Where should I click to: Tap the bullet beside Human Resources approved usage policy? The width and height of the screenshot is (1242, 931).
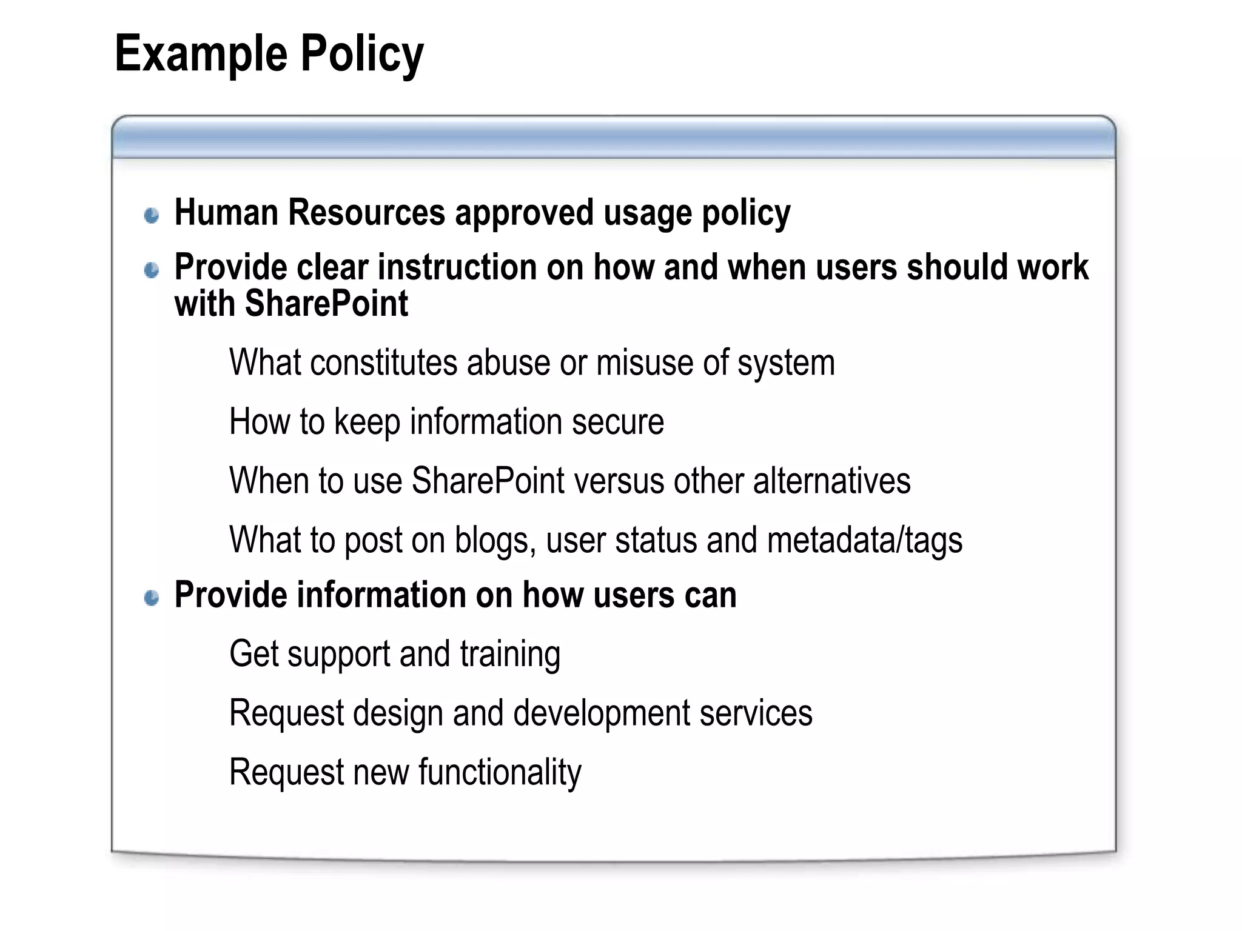click(x=152, y=215)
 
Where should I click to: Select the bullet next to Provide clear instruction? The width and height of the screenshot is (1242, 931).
click(x=152, y=270)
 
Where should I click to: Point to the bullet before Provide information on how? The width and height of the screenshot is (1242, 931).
click(x=152, y=598)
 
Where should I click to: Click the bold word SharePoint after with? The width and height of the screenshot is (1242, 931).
click(x=326, y=304)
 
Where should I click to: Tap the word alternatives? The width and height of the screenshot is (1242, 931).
click(x=831, y=481)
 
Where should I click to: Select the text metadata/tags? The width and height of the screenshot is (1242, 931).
click(x=864, y=541)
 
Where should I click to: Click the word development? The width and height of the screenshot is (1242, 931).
click(x=602, y=713)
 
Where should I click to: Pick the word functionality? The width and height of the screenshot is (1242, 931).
click(x=499, y=773)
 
